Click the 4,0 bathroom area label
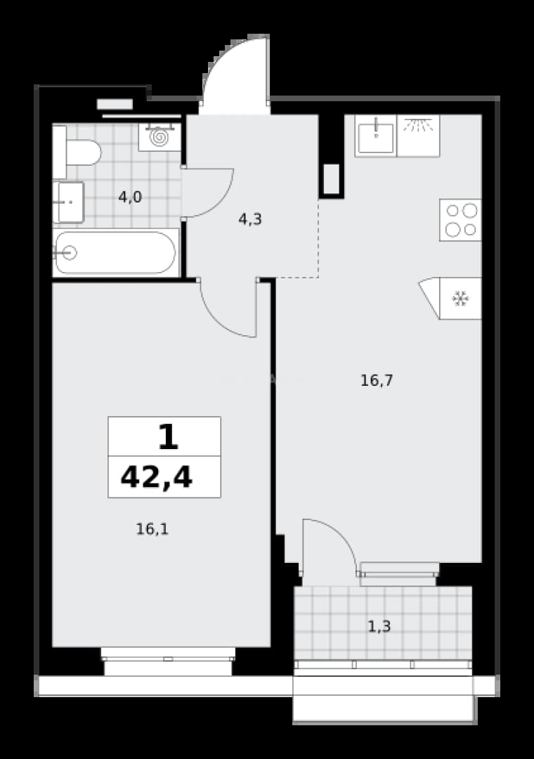130,197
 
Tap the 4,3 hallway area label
250,220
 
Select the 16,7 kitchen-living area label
377,381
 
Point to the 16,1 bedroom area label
152,530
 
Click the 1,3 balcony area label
379,627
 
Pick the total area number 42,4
157,477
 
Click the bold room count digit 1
168,436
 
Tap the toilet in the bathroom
77,152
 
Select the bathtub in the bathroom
115,253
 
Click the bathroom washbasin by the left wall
69,202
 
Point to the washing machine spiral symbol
159,138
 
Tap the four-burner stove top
460,220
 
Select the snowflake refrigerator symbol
460,299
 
